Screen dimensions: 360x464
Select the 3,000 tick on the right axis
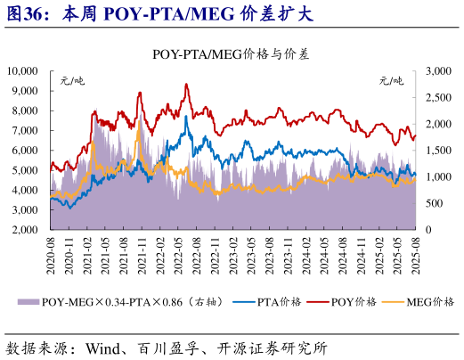click(440, 70)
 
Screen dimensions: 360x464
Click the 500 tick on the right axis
click(436, 203)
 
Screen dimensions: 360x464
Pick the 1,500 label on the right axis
click(440, 150)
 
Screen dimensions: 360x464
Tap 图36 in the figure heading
click(25, 14)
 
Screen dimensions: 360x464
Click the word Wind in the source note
click(104, 346)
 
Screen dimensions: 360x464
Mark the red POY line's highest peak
click(186, 84)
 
